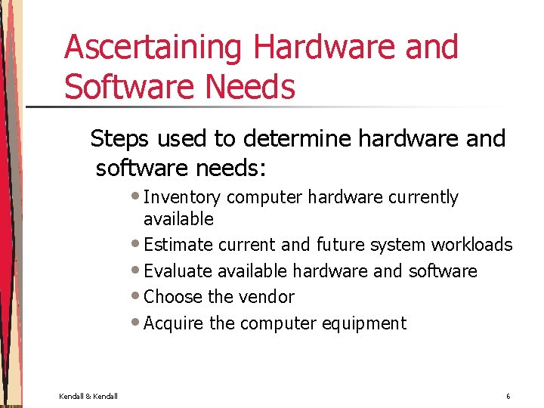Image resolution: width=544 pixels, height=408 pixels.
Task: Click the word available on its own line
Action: [x=178, y=220]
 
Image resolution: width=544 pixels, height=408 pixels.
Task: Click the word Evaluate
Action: [x=178, y=271]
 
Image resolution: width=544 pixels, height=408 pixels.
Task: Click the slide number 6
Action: [x=508, y=396]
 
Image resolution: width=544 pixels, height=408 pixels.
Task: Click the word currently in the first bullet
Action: [x=423, y=198]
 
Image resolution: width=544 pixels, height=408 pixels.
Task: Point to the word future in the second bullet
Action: [x=341, y=246]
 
